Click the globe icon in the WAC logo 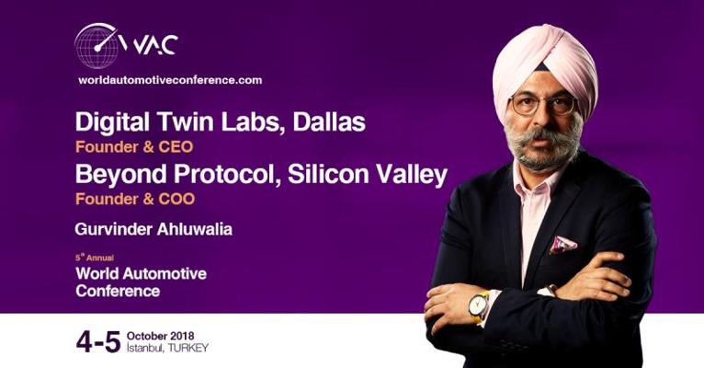tap(97, 46)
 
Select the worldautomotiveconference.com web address tap(170, 80)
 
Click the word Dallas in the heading tap(329, 121)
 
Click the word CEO tap(176, 147)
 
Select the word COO tap(176, 199)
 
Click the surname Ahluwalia tap(195, 229)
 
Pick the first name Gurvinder tap(114, 229)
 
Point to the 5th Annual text tap(95, 258)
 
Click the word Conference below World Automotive tap(118, 291)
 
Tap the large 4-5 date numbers tap(98, 342)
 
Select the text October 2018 tap(160, 336)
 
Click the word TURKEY tap(188, 349)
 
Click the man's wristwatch tap(479, 307)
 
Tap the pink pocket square tap(563, 245)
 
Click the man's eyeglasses tap(544, 105)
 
